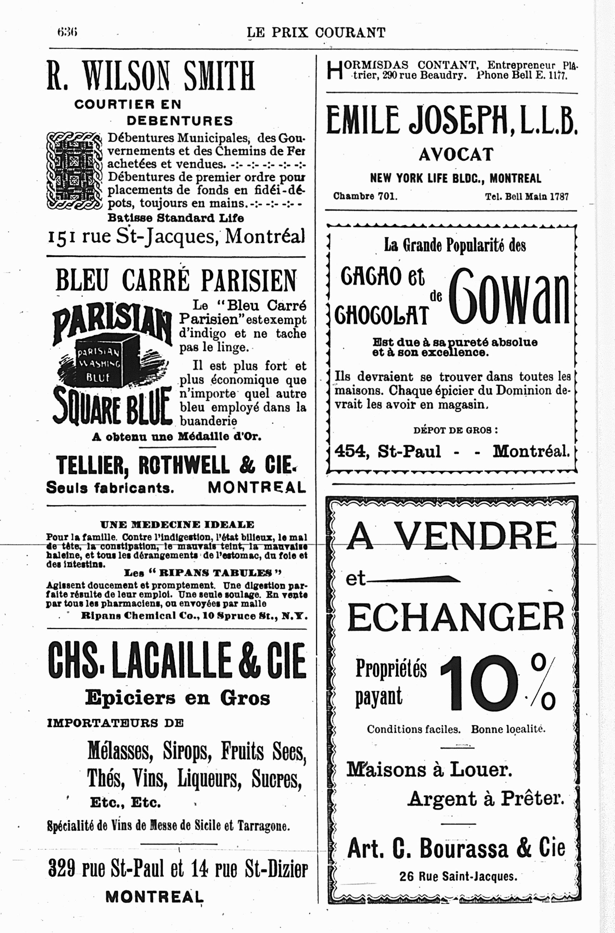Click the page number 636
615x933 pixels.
[67, 32]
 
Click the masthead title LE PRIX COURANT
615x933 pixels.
[316, 32]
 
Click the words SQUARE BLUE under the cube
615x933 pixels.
[112, 406]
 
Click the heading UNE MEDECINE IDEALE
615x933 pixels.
[177, 525]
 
